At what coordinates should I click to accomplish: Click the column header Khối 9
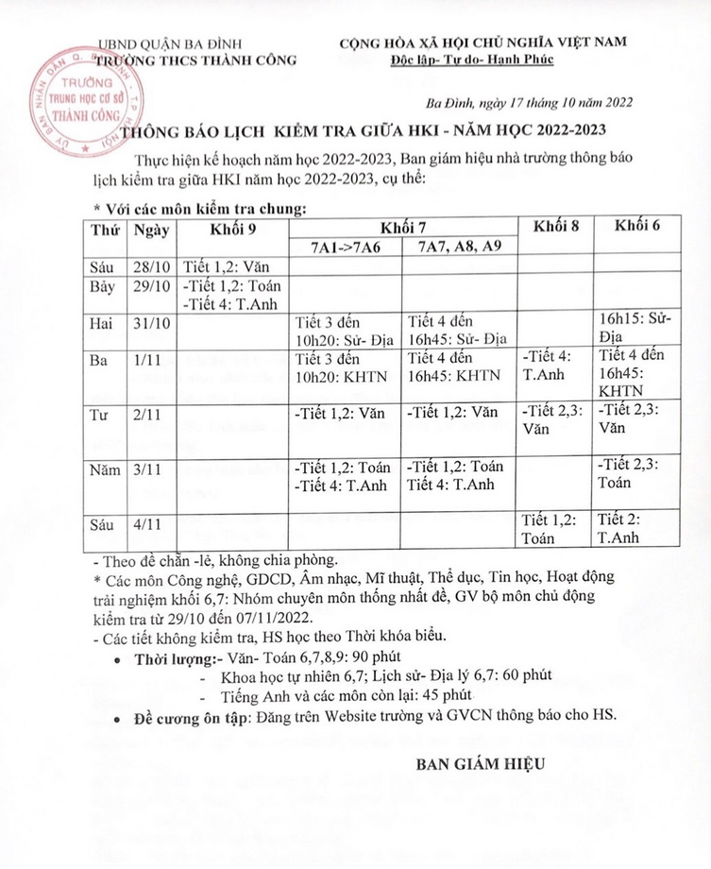(231, 230)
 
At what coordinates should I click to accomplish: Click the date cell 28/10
(150, 265)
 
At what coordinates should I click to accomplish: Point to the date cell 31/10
(150, 324)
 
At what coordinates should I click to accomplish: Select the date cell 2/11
(150, 413)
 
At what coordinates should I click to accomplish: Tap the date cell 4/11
(150, 522)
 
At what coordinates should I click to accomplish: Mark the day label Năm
(105, 468)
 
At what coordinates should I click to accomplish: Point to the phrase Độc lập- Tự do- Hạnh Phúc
(485, 60)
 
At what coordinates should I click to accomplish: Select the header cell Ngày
(150, 230)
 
